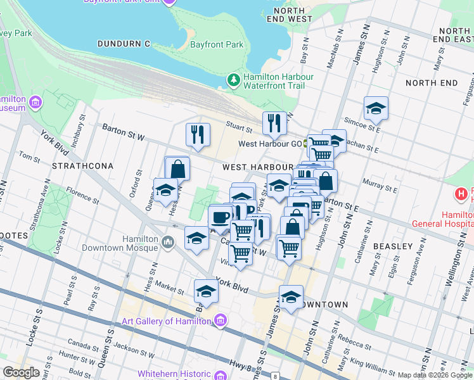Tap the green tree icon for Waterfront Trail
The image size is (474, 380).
pyautogui.click(x=233, y=80)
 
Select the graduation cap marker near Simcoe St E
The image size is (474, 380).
pyautogui.click(x=376, y=109)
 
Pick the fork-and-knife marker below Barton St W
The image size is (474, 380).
pyautogui.click(x=198, y=134)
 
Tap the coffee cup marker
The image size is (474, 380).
pyautogui.click(x=220, y=218)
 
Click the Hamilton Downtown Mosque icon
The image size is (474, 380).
pyautogui.click(x=169, y=241)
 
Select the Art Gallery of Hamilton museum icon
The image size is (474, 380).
pyautogui.click(x=220, y=321)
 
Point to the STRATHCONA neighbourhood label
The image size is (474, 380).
pyautogui.click(x=82, y=166)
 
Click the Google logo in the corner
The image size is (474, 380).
pyautogui.click(x=21, y=372)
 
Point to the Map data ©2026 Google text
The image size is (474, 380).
pyautogui.click(x=433, y=375)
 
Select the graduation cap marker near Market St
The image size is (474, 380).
pyautogui.click(x=205, y=291)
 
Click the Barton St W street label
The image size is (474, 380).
pyautogui.click(x=124, y=132)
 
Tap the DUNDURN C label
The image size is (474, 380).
pyautogui.click(x=124, y=44)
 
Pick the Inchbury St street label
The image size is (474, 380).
pyautogui.click(x=80, y=130)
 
